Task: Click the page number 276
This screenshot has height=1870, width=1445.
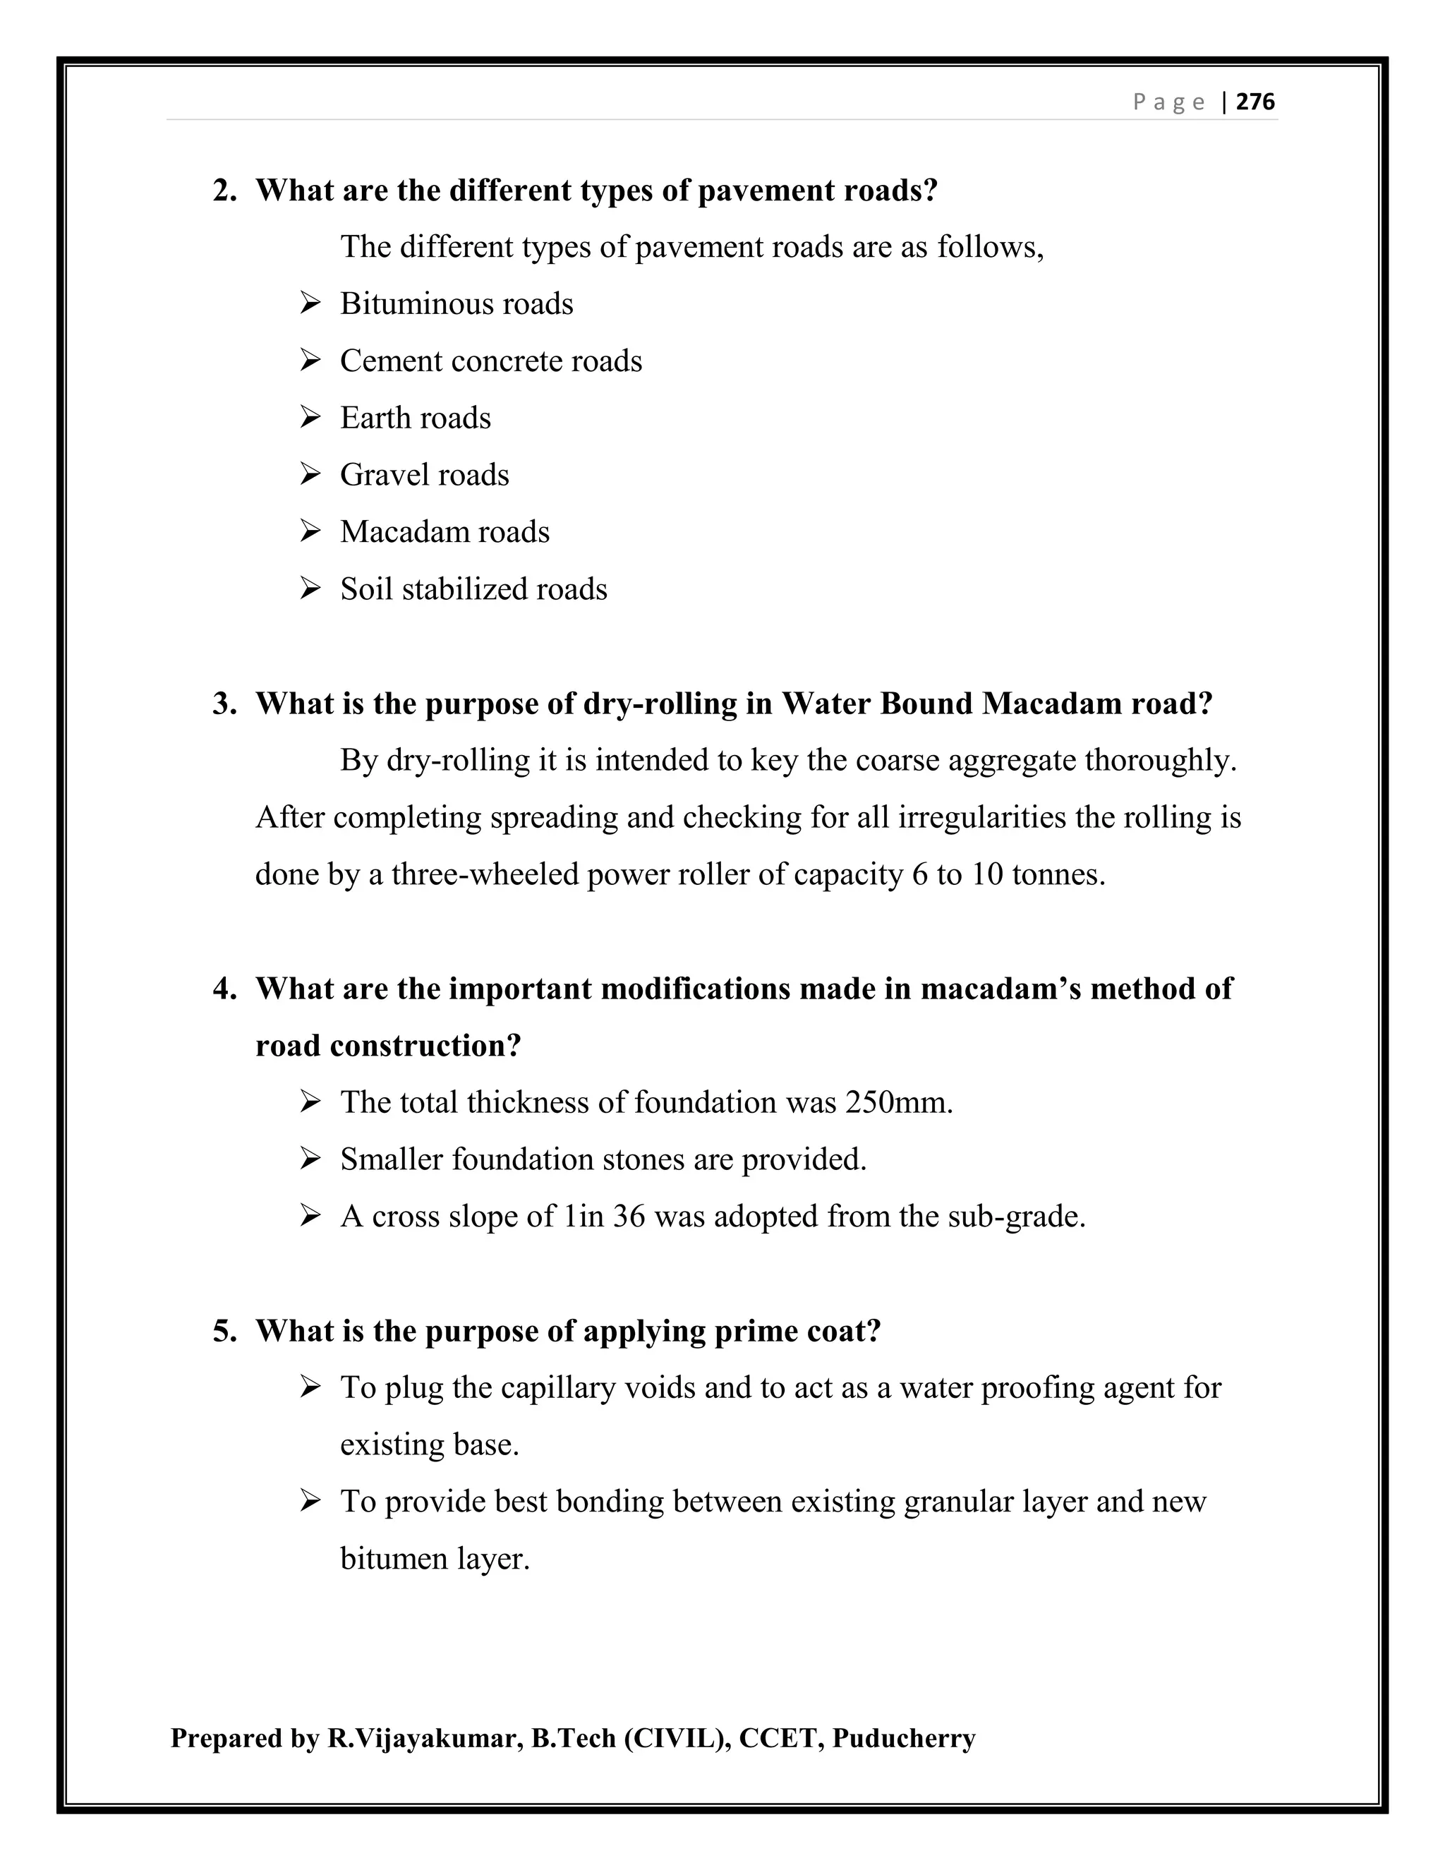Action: pos(1256,102)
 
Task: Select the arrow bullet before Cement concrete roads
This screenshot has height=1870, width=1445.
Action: pos(310,361)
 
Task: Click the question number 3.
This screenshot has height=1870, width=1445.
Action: pos(224,704)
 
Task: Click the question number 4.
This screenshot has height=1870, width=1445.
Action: pos(224,989)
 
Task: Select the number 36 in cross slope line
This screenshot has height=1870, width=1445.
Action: pos(629,1217)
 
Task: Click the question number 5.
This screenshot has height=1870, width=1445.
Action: pos(224,1332)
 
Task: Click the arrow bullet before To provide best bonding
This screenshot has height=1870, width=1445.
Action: pos(310,1502)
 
